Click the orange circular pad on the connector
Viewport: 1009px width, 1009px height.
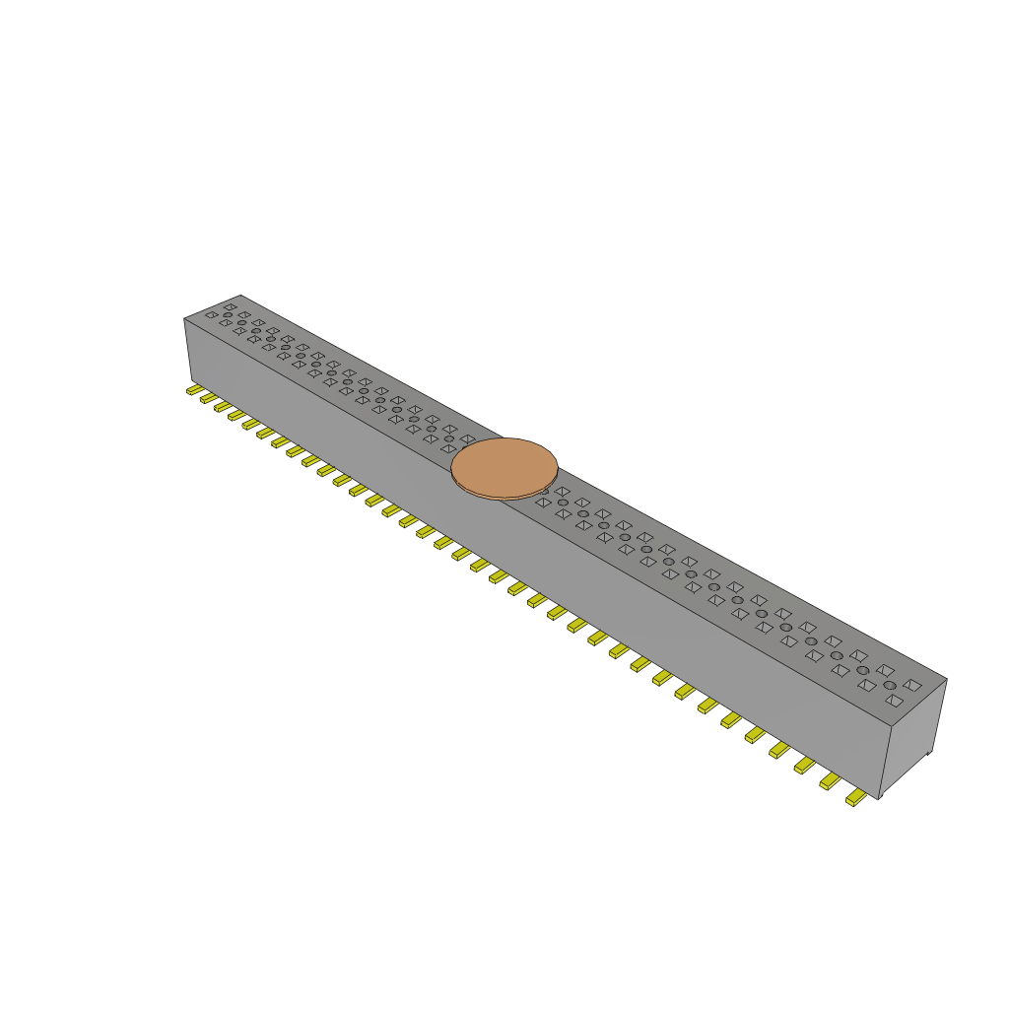(504, 468)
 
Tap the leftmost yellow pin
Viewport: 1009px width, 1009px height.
(194, 390)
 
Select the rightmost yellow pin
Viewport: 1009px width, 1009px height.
(856, 798)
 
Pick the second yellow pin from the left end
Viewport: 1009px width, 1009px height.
(208, 398)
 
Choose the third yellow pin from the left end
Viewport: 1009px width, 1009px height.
(223, 406)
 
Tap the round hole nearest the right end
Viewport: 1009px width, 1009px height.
(889, 685)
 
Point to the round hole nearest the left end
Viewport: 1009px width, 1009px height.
(228, 315)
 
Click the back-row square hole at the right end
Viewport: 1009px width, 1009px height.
(912, 684)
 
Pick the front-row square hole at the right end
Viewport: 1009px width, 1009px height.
(893, 701)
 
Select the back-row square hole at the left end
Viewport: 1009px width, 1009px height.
(230, 306)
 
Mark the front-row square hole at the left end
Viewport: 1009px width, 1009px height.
(211, 314)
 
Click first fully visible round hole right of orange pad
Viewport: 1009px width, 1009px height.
(563, 503)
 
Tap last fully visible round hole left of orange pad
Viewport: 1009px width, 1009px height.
(449, 439)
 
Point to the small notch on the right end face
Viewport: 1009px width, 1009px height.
(929, 755)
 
